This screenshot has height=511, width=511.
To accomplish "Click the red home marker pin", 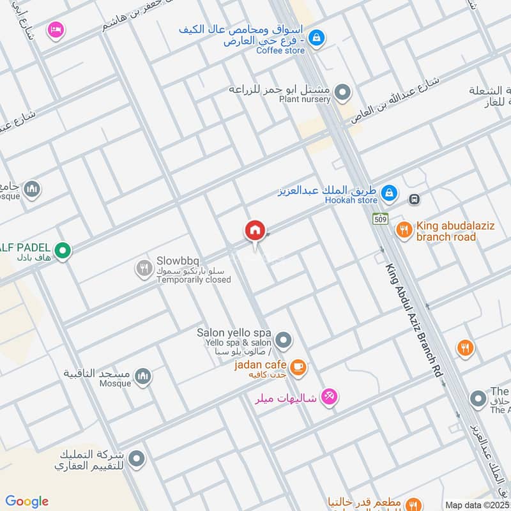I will [254, 231].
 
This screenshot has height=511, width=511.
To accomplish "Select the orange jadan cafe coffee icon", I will [297, 367].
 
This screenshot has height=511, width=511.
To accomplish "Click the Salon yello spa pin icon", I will [284, 339].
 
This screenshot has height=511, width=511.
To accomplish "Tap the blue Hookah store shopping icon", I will [388, 192].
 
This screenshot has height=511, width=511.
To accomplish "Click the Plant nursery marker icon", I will [343, 93].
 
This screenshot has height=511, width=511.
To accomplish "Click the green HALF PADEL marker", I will [62, 250].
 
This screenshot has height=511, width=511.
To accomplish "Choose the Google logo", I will [27, 501].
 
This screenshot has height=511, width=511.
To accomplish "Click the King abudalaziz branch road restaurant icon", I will [403, 229].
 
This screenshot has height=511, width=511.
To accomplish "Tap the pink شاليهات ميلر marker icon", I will [329, 397].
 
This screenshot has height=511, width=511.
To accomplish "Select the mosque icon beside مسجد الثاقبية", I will [143, 376].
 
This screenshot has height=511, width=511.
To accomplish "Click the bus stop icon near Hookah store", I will [415, 199].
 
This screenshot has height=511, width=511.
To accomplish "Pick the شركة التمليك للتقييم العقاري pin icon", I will [135, 458].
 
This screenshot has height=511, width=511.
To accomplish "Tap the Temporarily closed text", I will [194, 280].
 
